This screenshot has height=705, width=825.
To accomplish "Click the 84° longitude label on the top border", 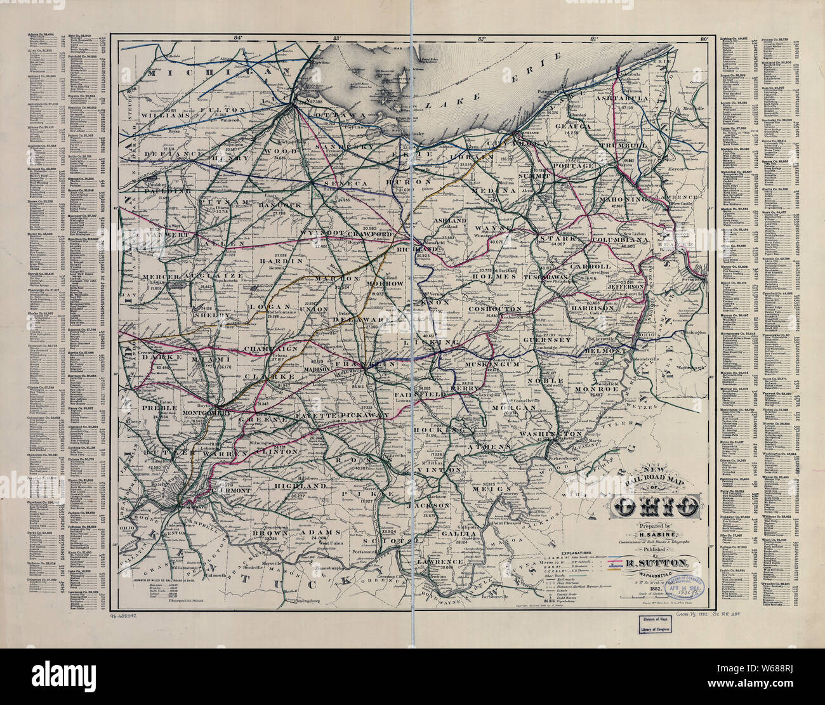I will click(238, 39).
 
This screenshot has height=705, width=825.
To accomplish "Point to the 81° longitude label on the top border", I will click(595, 39).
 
